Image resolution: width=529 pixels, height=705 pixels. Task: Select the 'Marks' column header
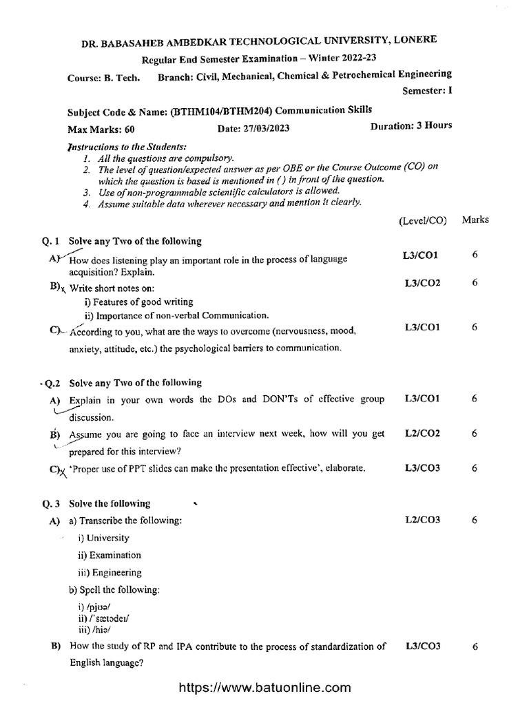pyautogui.click(x=475, y=220)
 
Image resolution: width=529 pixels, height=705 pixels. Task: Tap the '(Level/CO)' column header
pyautogui.click(x=422, y=221)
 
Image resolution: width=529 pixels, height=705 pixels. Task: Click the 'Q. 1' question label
pyautogui.click(x=52, y=241)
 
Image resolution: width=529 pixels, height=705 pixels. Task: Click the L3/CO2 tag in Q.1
pyautogui.click(x=422, y=283)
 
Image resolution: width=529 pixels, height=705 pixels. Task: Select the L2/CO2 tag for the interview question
pyautogui.click(x=422, y=433)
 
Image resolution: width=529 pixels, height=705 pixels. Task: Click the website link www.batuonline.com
pyautogui.click(x=265, y=688)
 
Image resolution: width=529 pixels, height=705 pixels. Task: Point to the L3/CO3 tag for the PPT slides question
pyautogui.click(x=422, y=468)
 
